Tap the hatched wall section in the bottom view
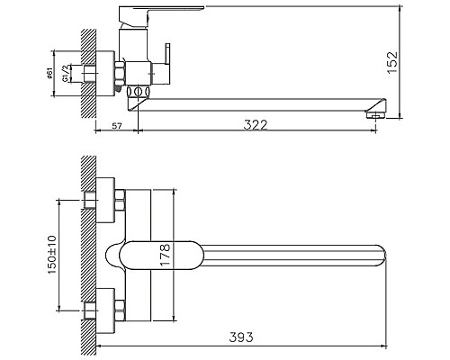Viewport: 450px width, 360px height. [87, 252]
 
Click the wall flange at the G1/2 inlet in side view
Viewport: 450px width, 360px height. [118, 71]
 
